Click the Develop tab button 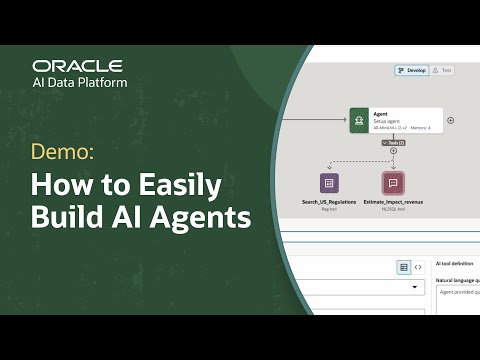tap(410, 71)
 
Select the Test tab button tap(445, 71)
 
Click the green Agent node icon tap(358, 121)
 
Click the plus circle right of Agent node tap(450, 120)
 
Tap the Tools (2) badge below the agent tap(392, 143)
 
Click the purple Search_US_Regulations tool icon tap(328, 183)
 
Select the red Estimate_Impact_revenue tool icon tap(392, 183)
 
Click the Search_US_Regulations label tap(328, 203)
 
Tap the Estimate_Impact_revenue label tap(392, 203)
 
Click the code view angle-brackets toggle tap(418, 267)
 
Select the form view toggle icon tap(403, 267)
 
